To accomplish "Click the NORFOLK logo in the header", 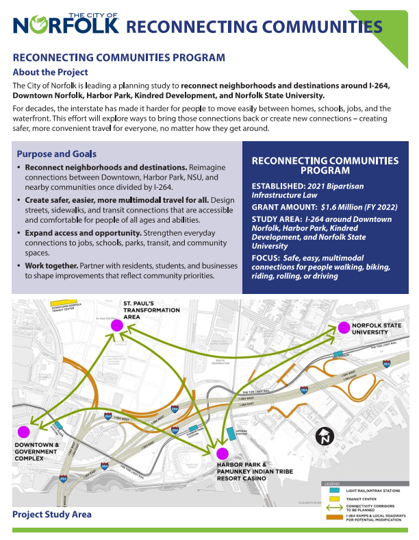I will (66, 23).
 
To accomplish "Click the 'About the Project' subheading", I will (50, 72).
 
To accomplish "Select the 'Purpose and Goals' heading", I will (56, 154).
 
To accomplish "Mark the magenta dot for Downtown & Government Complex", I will (24, 432).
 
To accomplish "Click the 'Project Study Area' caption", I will (51, 514).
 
